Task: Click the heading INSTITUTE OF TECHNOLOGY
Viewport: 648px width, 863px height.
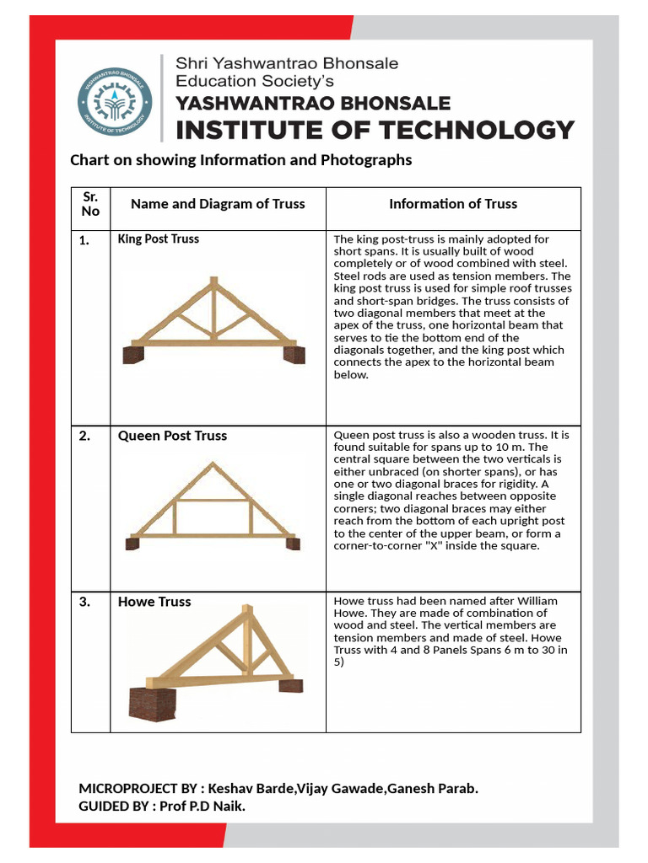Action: point(374,130)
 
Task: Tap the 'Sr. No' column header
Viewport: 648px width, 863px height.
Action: point(90,203)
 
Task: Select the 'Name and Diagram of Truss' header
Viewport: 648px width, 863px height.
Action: point(218,203)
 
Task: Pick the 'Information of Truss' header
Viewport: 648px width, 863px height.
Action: point(453,203)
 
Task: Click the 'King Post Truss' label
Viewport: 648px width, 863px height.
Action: point(159,239)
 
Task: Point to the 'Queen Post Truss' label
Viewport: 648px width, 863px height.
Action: point(172,436)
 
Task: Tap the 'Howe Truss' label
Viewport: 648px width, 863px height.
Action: point(154,602)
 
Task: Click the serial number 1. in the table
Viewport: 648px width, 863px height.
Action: point(84,240)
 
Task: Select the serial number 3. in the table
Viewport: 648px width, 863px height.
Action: point(84,602)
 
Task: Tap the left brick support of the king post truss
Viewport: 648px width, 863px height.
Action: point(133,355)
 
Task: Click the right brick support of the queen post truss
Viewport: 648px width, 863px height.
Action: point(293,544)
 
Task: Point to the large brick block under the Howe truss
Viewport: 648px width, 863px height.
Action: point(152,705)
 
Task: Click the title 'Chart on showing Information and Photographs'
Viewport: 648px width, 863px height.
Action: point(240,160)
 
